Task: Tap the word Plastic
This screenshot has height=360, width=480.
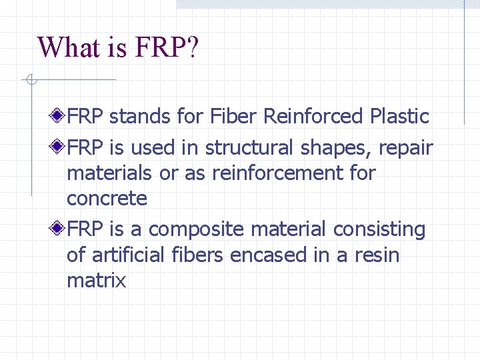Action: (399, 117)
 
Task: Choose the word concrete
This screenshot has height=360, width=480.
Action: (107, 199)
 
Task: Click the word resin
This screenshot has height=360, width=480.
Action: (377, 255)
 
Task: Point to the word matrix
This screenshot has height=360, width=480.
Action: (96, 281)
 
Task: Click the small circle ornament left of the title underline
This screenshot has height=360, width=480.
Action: (31, 81)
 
